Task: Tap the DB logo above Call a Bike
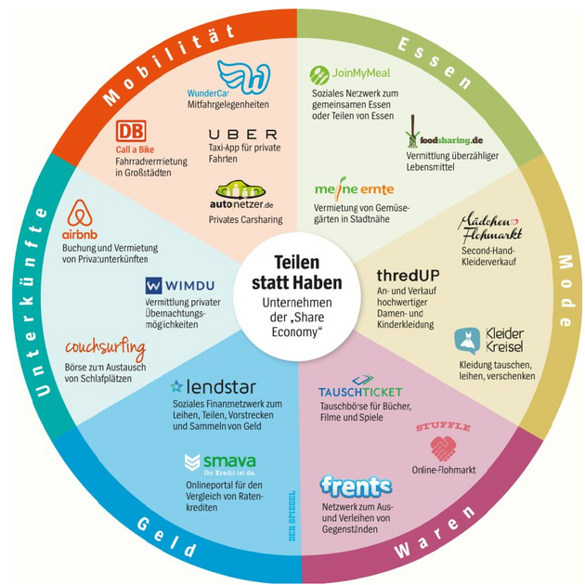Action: [x=130, y=132]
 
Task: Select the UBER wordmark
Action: [x=243, y=135]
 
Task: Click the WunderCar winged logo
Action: [x=242, y=77]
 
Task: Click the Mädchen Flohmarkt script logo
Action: [x=491, y=229]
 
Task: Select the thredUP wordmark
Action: [x=408, y=276]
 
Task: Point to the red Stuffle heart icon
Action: [x=443, y=449]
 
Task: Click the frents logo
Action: [x=356, y=486]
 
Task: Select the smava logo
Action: [x=221, y=461]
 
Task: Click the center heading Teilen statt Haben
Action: [x=295, y=272]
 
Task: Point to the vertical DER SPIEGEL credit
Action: [x=292, y=516]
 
